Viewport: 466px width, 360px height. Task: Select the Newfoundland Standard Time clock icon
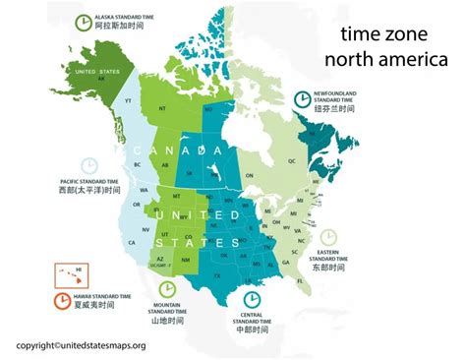[302, 98]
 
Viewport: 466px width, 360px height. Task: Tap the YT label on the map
[129, 100]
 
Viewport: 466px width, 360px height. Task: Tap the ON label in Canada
[249, 175]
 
